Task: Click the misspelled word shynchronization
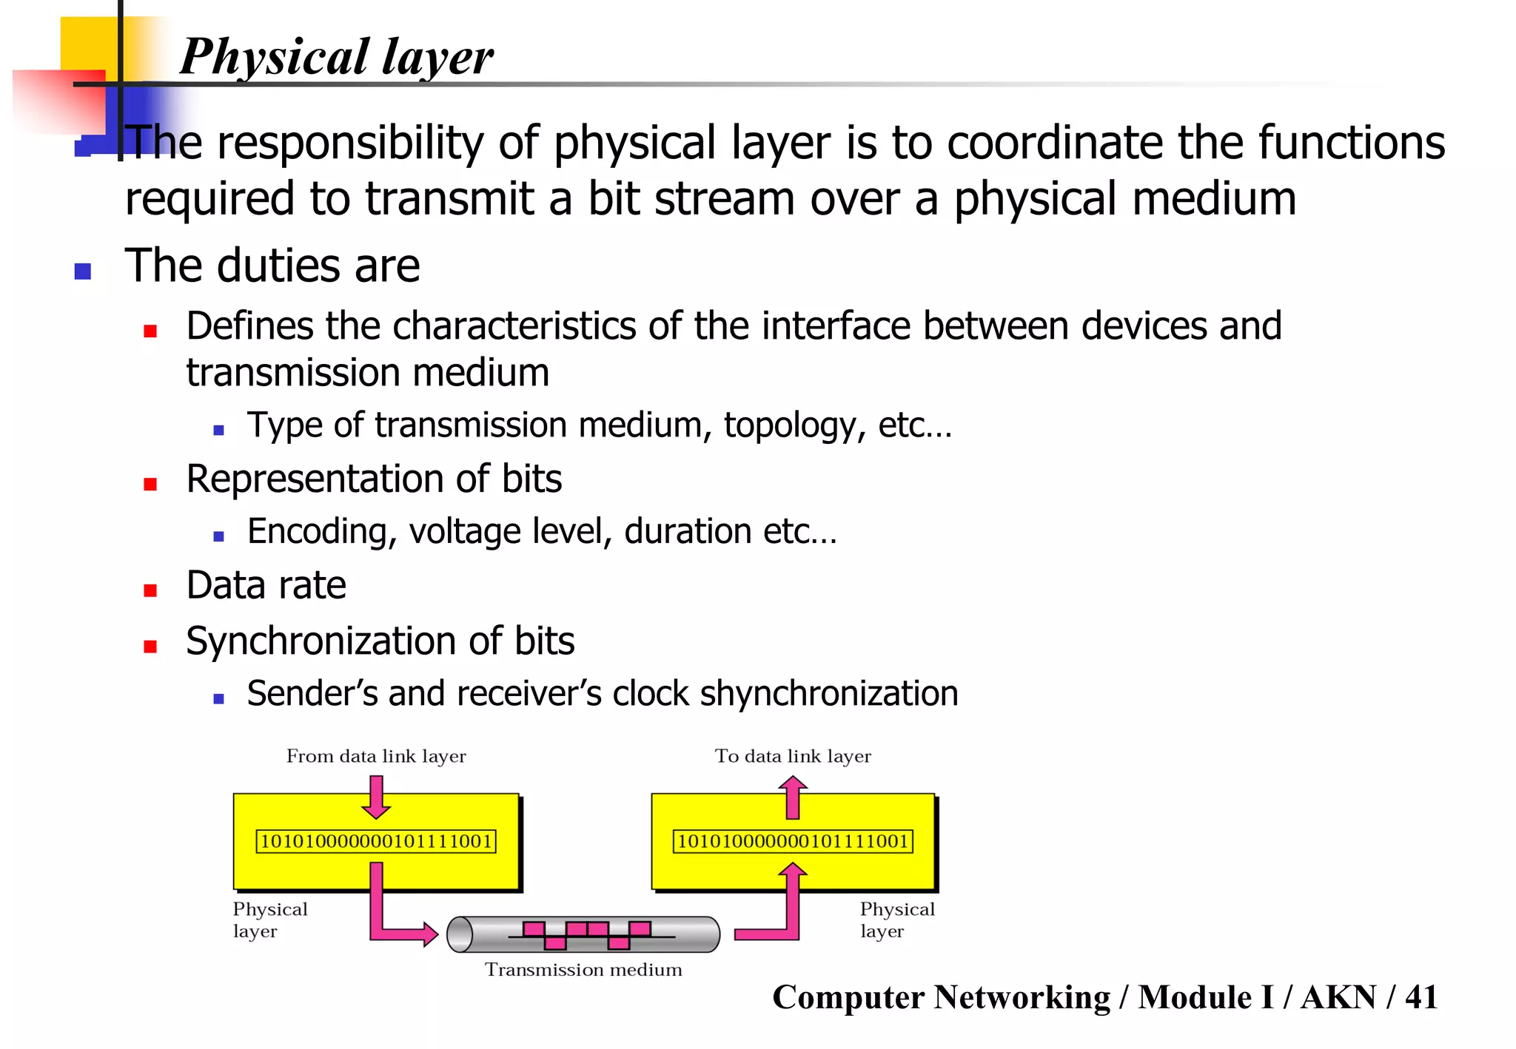click(x=828, y=694)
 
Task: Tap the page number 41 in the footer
click(x=1421, y=997)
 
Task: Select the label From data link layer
click(x=376, y=756)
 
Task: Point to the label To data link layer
click(x=793, y=756)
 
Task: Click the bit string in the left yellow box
click(x=376, y=842)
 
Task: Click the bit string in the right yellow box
click(x=793, y=842)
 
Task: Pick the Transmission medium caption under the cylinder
click(x=583, y=970)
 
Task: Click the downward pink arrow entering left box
click(x=376, y=797)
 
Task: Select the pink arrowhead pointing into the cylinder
click(x=429, y=934)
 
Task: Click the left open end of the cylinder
click(x=460, y=934)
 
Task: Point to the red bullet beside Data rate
click(x=150, y=590)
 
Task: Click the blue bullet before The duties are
click(x=83, y=271)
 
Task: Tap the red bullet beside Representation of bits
click(x=150, y=485)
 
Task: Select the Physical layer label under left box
click(x=269, y=920)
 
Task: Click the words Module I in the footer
click(x=1206, y=997)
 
